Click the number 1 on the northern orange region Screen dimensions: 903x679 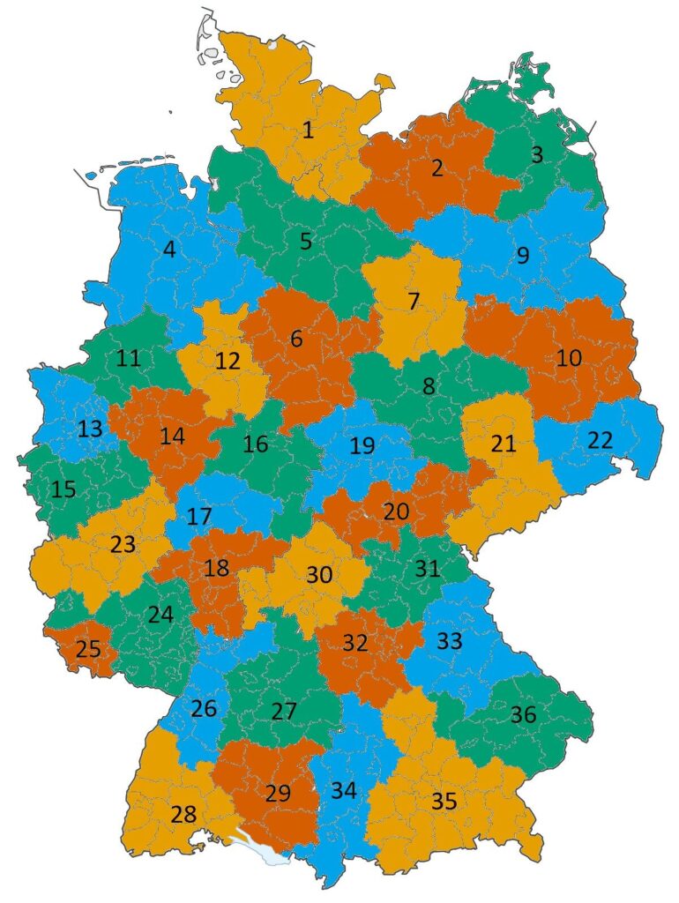coord(308,131)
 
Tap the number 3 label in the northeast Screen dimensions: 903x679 coord(537,155)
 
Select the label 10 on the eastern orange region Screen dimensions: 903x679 coord(570,358)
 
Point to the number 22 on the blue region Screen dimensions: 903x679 coord(600,440)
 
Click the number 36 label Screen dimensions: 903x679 coord(523,714)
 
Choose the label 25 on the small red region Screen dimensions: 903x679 coord(88,649)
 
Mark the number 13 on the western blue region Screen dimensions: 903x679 coord(90,429)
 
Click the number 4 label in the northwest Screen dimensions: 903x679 coord(169,250)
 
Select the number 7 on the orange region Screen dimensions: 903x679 coord(413,301)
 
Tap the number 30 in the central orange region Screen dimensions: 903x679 coord(319,575)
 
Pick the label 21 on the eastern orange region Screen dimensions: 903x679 coord(503,444)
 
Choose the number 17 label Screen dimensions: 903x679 coord(199,516)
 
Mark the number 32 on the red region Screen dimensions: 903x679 coord(354,643)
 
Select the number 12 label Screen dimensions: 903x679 coord(228,361)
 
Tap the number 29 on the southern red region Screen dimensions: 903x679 coord(278,793)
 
